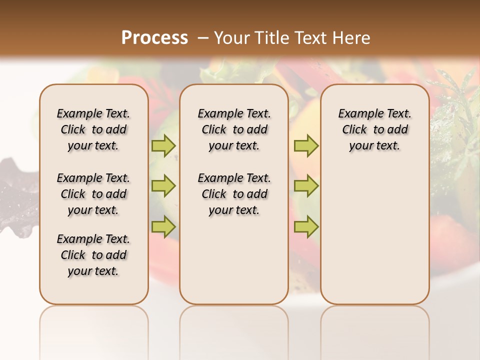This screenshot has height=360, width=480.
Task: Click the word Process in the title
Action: pyautogui.click(x=154, y=38)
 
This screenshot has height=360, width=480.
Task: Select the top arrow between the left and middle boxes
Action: pyautogui.click(x=163, y=145)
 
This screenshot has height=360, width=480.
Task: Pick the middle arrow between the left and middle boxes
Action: pyautogui.click(x=163, y=186)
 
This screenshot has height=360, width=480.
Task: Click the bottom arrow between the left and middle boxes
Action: pyautogui.click(x=163, y=227)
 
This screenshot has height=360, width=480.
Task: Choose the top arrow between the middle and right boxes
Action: pyautogui.click(x=306, y=145)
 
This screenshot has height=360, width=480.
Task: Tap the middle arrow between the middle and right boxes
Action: pyautogui.click(x=306, y=186)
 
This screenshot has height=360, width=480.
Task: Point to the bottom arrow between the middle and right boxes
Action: pyautogui.click(x=306, y=227)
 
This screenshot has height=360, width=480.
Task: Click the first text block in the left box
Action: pyautogui.click(x=93, y=129)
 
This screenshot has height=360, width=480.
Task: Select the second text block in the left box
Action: pyautogui.click(x=93, y=194)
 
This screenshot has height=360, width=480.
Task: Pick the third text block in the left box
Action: pyautogui.click(x=93, y=255)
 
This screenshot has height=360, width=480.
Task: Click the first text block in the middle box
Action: pyautogui.click(x=234, y=129)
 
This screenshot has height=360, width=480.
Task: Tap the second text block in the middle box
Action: pyautogui.click(x=234, y=194)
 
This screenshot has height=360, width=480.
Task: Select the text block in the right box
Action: pyautogui.click(x=375, y=129)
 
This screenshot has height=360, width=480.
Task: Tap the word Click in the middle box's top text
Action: pyautogui.click(x=214, y=130)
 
